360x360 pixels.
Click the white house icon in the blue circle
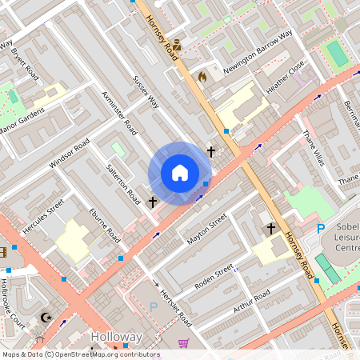tap(179, 173)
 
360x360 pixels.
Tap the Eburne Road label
tap(104, 226)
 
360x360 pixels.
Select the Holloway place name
tap(116, 337)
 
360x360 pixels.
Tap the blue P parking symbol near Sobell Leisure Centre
tap(321, 229)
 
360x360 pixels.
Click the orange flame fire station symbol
tap(202, 78)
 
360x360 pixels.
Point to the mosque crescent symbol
tap(46, 318)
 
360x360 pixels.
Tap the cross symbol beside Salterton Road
tap(153, 202)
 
